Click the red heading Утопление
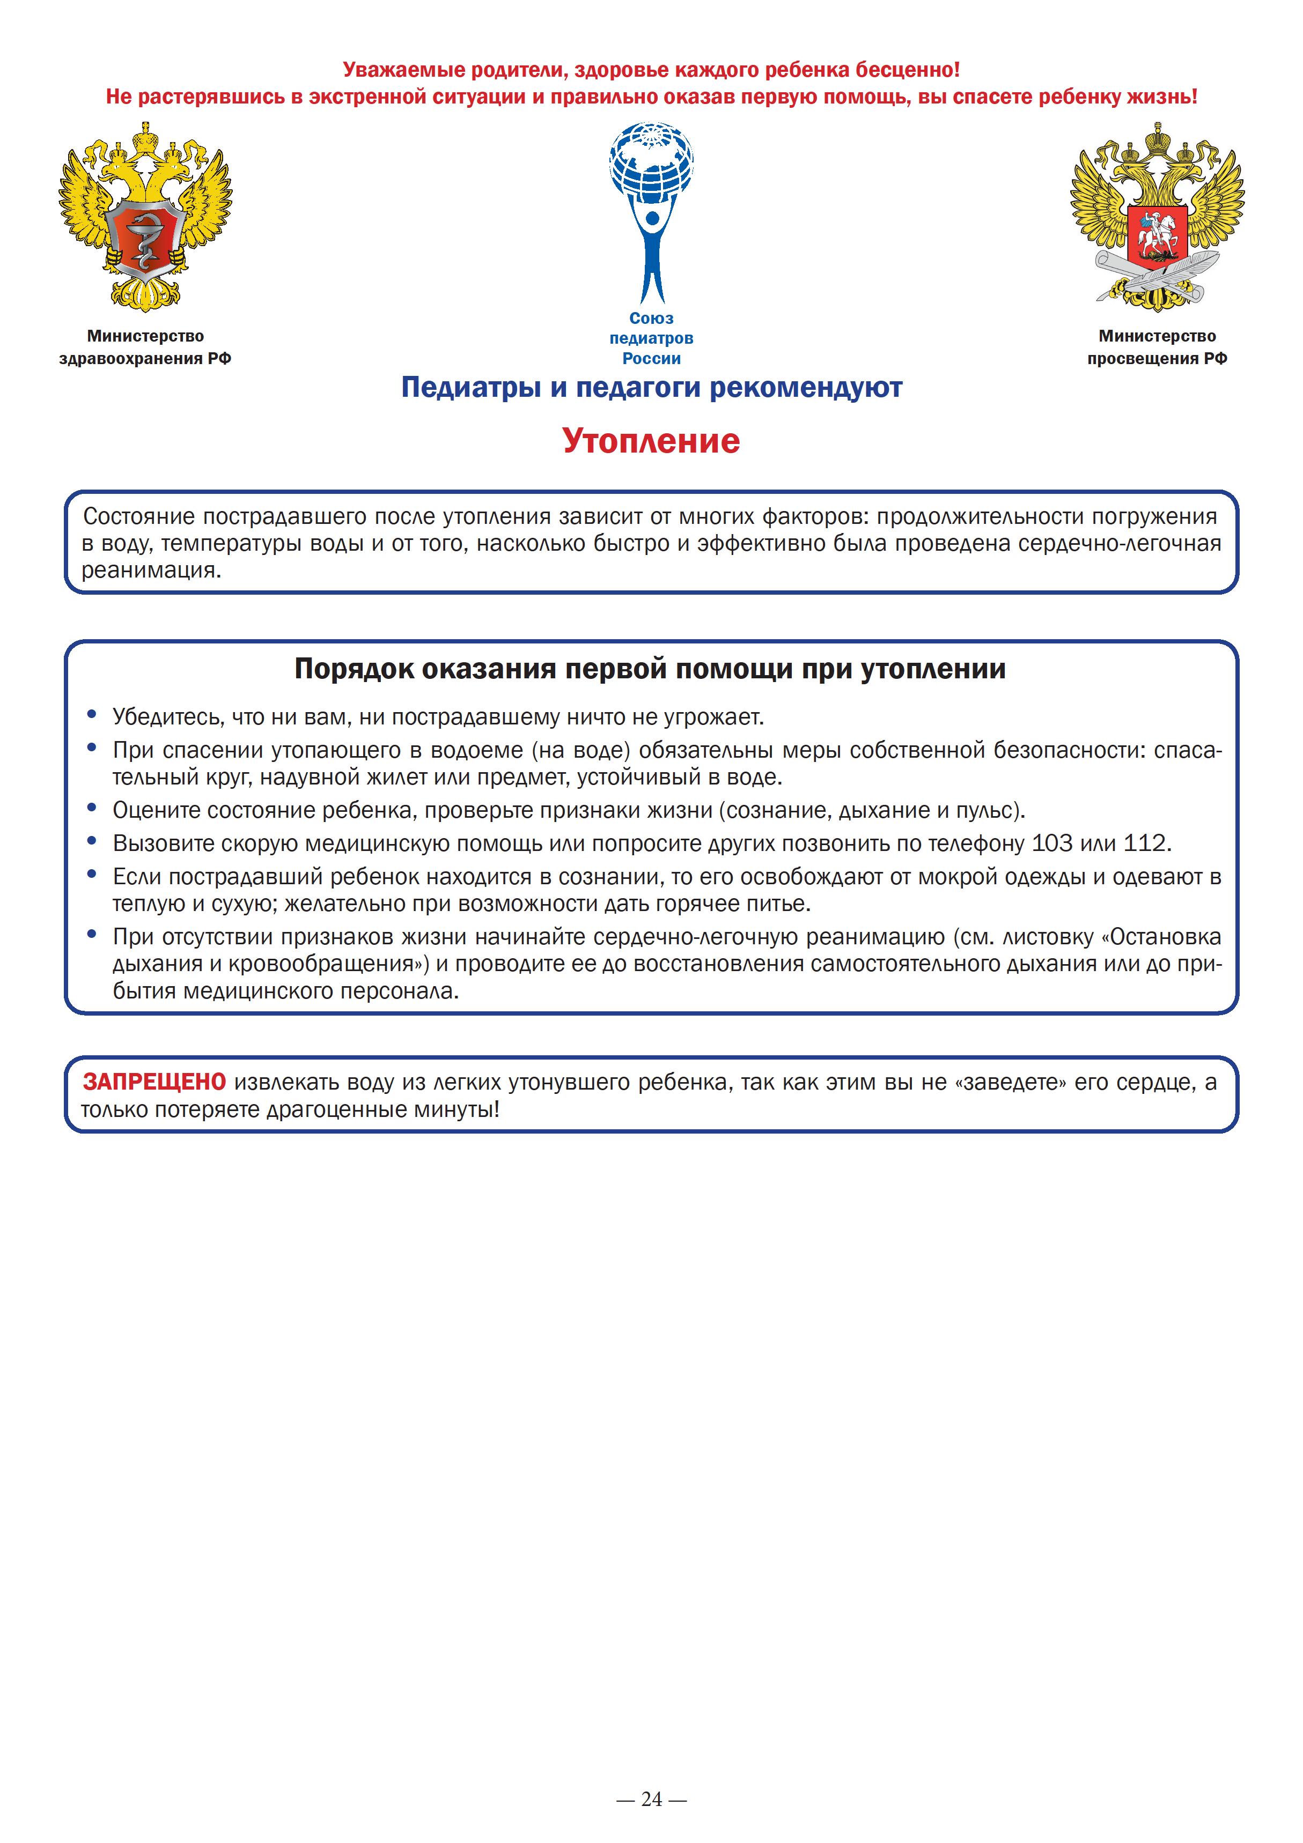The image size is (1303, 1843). click(x=651, y=441)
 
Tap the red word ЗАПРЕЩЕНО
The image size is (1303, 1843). click(x=154, y=1082)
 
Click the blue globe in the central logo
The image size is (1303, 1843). click(x=651, y=165)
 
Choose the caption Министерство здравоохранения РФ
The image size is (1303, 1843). click(x=145, y=347)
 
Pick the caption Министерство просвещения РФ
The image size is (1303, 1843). click(x=1157, y=347)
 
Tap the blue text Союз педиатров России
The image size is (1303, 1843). click(x=651, y=338)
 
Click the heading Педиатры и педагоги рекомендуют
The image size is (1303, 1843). click(x=651, y=388)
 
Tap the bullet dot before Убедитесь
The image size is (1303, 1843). click(x=92, y=714)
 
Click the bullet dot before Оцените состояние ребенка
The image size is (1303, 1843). click(x=92, y=808)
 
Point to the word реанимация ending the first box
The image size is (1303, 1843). click(x=150, y=571)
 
